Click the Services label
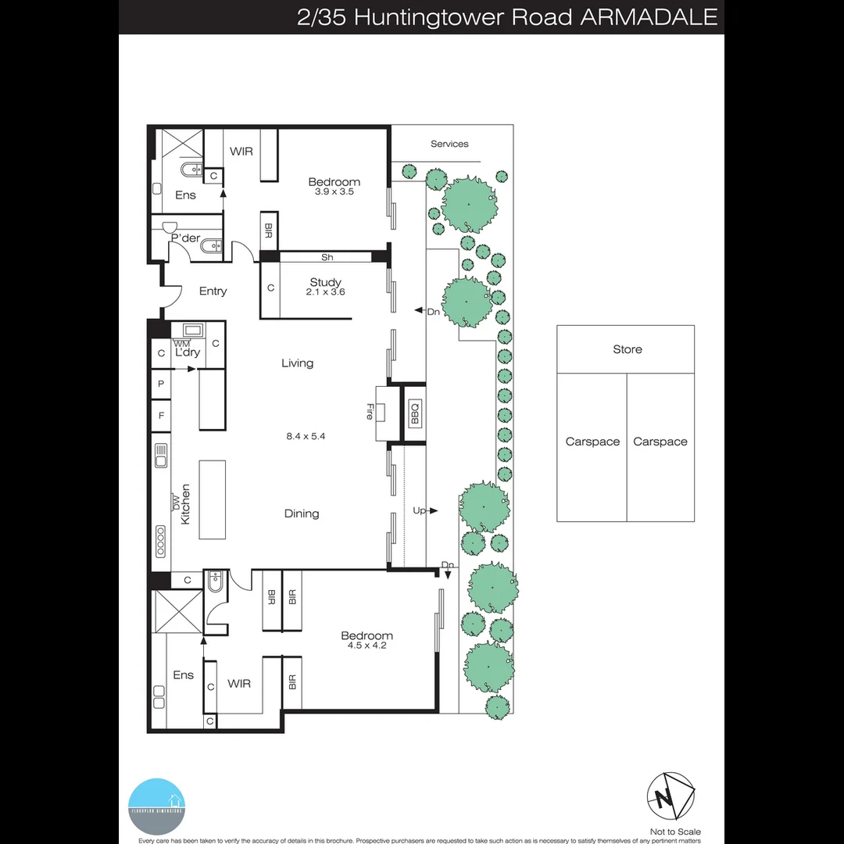pyautogui.click(x=449, y=144)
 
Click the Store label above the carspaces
pyautogui.click(x=627, y=349)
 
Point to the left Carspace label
pyautogui.click(x=592, y=442)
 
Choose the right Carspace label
pyautogui.click(x=660, y=442)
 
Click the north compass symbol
pyautogui.click(x=670, y=796)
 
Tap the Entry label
pyautogui.click(x=213, y=291)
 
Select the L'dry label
pyautogui.click(x=188, y=352)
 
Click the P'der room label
pyautogui.click(x=186, y=238)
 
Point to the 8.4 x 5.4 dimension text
pyautogui.click(x=306, y=436)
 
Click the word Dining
pyautogui.click(x=302, y=513)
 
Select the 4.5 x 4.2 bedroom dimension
pyautogui.click(x=367, y=646)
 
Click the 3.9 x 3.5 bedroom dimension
pyautogui.click(x=334, y=191)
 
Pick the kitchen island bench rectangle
pyautogui.click(x=212, y=499)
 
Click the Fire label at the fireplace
pyautogui.click(x=369, y=412)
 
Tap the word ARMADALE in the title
pyautogui.click(x=648, y=17)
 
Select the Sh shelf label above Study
pyautogui.click(x=327, y=257)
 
